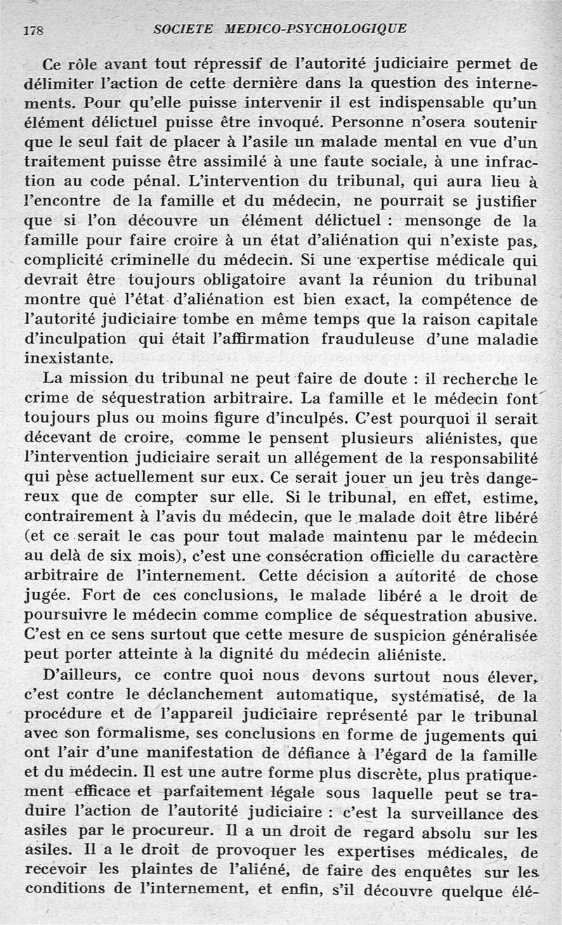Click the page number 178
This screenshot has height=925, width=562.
pyautogui.click(x=34, y=30)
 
